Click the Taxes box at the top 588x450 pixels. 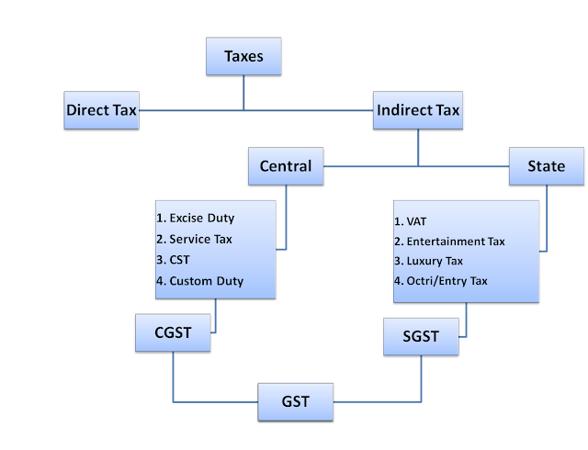243,56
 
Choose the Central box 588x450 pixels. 286,166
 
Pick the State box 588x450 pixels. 546,166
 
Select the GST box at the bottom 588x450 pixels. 296,401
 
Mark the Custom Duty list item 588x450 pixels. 203,281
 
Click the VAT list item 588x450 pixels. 410,221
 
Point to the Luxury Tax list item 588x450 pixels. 433,261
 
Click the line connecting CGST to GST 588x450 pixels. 211,401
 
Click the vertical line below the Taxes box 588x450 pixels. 243,92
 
